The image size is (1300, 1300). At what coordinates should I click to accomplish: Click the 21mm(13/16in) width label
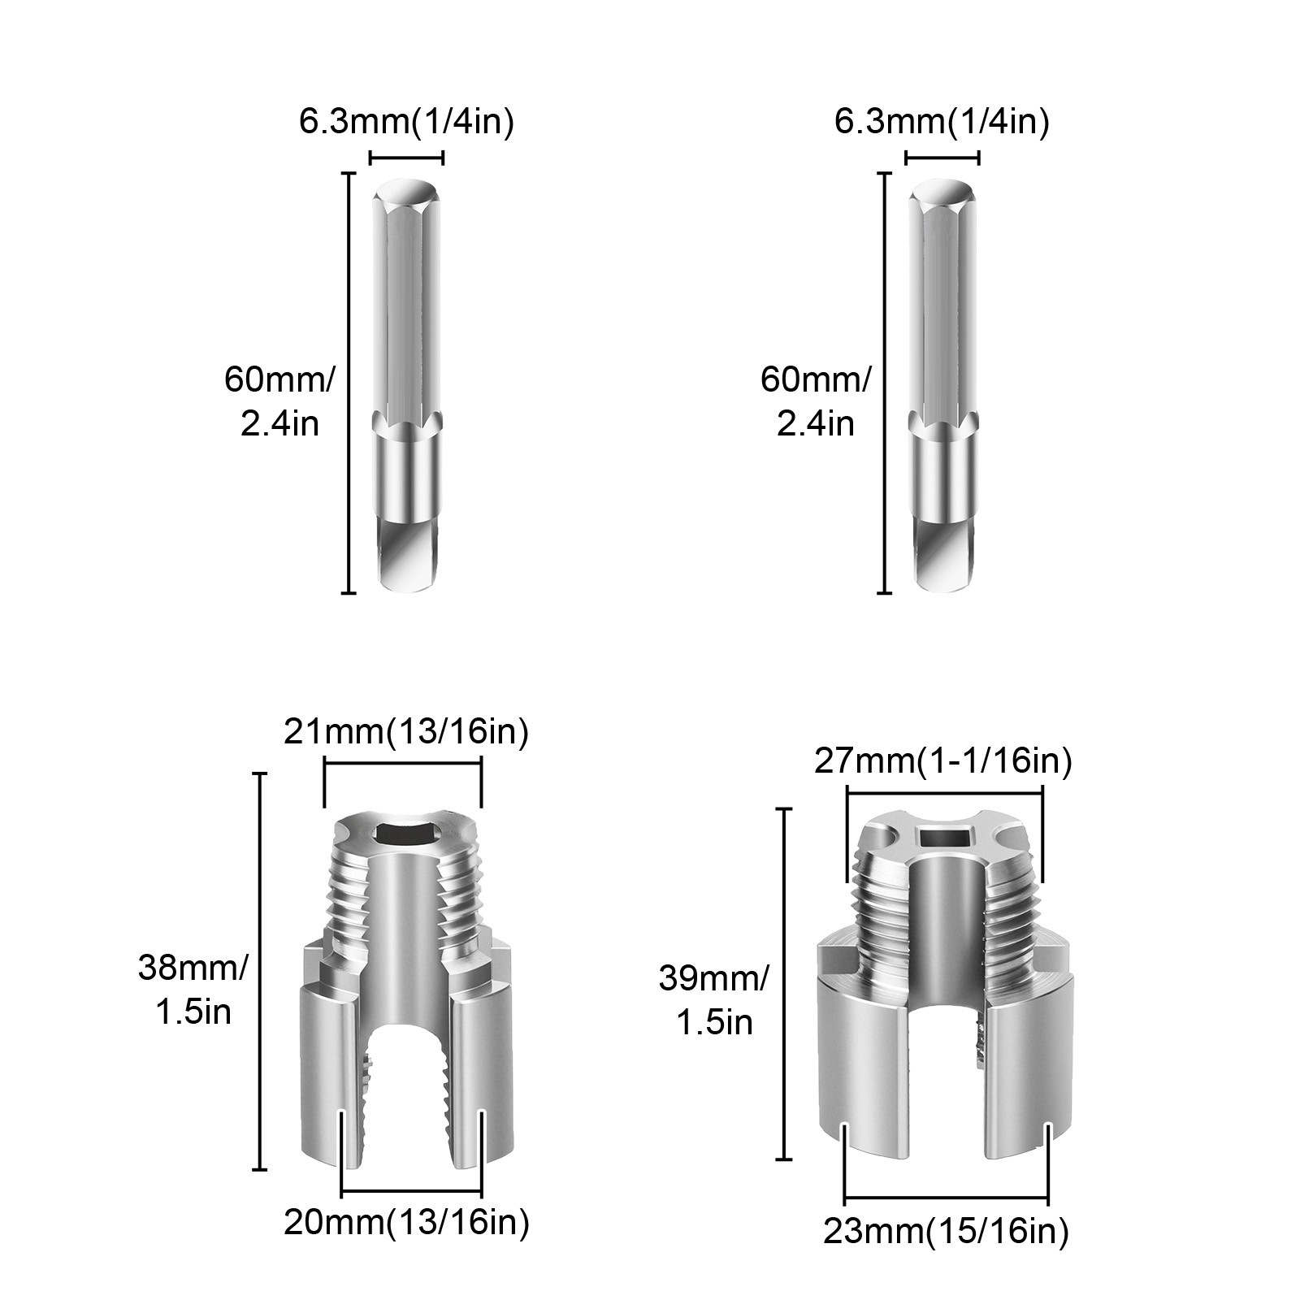click(x=406, y=732)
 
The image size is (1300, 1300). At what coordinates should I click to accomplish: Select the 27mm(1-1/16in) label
click(x=943, y=761)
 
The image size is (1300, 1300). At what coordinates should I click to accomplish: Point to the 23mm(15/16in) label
click(x=946, y=1232)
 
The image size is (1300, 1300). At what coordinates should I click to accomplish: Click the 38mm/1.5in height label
click(x=193, y=990)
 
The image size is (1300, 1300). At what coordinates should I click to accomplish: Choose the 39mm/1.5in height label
click(x=713, y=1000)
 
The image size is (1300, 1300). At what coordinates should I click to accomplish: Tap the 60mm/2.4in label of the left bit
click(x=279, y=401)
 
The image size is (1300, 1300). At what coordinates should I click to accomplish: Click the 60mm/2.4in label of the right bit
click(x=816, y=401)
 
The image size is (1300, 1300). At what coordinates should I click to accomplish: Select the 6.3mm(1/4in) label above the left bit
click(x=406, y=122)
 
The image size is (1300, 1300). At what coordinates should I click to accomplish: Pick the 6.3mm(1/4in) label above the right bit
click(x=942, y=122)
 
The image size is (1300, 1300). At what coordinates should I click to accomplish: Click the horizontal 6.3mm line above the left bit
click(x=406, y=158)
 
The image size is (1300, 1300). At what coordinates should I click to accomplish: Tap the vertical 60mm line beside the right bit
click(x=885, y=383)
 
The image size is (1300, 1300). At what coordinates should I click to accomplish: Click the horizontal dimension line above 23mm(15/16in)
click(x=947, y=1198)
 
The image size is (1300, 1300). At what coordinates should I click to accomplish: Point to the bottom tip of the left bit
click(x=409, y=582)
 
